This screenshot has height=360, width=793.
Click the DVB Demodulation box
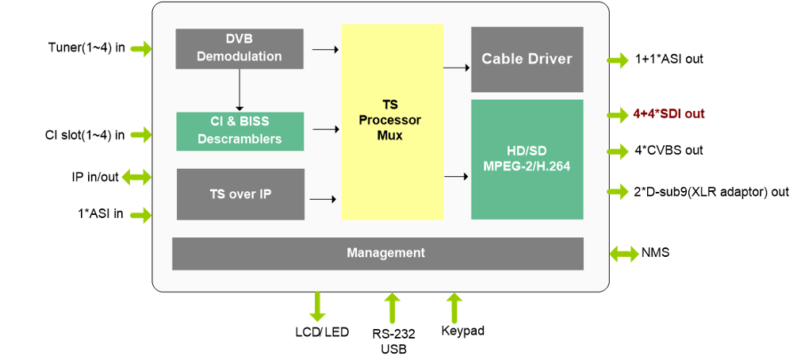pos(239,48)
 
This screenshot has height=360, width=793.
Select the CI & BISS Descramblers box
pos(239,131)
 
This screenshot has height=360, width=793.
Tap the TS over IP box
pos(240,193)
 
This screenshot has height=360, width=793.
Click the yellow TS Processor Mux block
pos(393,121)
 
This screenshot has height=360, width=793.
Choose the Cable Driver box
pos(527,59)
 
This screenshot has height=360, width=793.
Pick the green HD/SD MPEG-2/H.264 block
pos(527,159)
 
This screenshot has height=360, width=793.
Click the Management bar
pos(377,253)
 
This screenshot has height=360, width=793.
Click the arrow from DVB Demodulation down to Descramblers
pos(239,89)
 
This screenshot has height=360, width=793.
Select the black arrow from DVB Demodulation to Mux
pos(325,50)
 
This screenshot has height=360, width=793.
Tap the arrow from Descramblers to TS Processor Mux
pos(325,129)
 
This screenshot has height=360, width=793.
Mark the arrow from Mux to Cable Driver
pos(456,68)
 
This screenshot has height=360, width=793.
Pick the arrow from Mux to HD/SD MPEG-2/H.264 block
pos(456,176)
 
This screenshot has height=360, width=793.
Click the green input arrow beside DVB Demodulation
pos(141,49)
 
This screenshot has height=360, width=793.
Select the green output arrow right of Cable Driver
pos(619,60)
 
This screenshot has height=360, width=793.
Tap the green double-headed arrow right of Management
pos(624,254)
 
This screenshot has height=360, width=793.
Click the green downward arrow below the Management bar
pos(317,307)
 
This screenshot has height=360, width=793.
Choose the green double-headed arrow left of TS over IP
pos(136,177)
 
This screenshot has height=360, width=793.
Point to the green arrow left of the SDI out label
pos(619,115)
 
